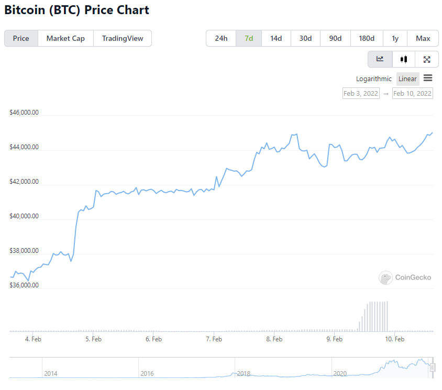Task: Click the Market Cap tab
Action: coord(65,38)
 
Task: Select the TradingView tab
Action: coord(122,38)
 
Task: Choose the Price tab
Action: coord(21,38)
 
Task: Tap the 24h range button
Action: coord(221,38)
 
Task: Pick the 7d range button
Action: coord(249,38)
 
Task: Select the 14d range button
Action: coord(276,38)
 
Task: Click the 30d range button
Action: coord(305,38)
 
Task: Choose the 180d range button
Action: coord(367,38)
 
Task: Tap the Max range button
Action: coord(423,38)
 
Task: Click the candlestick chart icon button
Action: coord(403,59)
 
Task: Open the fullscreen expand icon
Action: coord(427,59)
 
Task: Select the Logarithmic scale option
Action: coord(374,79)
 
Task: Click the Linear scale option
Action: coord(407,79)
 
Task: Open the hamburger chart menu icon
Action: coord(428,79)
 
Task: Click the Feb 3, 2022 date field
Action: coord(361,93)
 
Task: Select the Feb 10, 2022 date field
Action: coord(413,93)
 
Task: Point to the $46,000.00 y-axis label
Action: coord(24,113)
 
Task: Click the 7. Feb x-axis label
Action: coord(214,339)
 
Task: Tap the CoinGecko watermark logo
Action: coord(405,277)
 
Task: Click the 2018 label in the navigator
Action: coord(244,373)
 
